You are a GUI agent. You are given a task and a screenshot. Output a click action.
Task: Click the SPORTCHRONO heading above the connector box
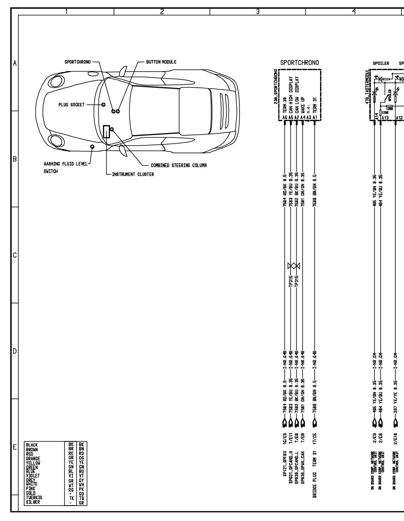(x=300, y=63)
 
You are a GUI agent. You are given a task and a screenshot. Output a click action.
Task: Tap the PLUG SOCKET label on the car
(x=71, y=105)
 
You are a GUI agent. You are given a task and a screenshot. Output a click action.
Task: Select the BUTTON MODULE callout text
(x=161, y=62)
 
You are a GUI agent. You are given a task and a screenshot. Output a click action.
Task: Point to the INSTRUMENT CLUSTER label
(x=133, y=174)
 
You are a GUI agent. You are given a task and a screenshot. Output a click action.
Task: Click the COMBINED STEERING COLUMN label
(x=178, y=165)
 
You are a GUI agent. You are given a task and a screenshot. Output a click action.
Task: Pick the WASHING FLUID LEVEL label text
(x=65, y=164)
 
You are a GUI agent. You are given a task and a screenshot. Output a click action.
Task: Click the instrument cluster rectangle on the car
(x=106, y=131)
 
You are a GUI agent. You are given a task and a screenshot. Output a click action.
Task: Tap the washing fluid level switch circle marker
(x=92, y=146)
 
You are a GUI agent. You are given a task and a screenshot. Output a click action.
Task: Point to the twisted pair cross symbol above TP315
(x=294, y=266)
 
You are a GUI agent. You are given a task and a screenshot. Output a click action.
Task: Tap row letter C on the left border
(x=15, y=255)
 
